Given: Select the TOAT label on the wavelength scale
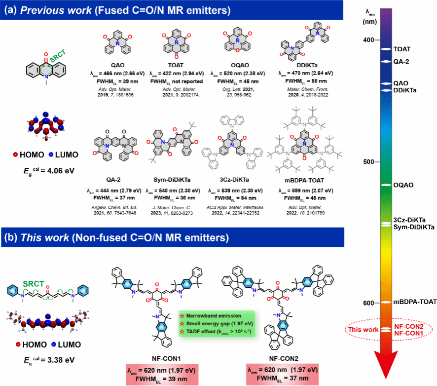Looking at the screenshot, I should (x=401, y=49).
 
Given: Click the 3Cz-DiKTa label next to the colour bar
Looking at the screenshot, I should (x=410, y=219).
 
